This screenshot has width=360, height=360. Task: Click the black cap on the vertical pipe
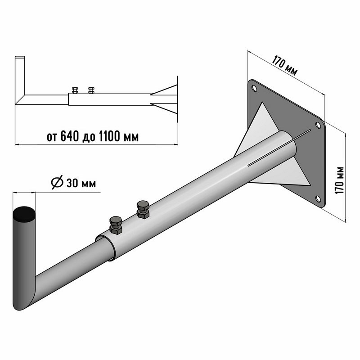24,214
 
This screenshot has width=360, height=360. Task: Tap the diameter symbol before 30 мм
57,182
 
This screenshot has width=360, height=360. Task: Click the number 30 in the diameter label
72,183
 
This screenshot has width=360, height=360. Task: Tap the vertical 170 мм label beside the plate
340,180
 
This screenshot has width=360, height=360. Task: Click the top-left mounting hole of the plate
254,88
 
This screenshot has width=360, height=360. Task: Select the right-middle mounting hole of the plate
318,125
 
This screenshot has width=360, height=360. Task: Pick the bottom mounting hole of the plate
318,198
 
